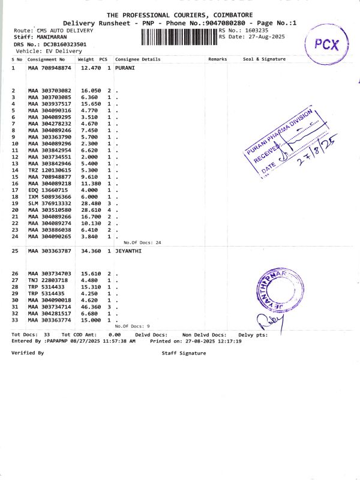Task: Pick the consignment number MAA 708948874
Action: pos(50,68)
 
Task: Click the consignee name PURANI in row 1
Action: pos(125,68)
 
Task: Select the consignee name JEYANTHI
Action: pos(128,251)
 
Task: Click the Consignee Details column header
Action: pos(137,59)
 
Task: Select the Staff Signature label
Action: pos(184,353)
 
